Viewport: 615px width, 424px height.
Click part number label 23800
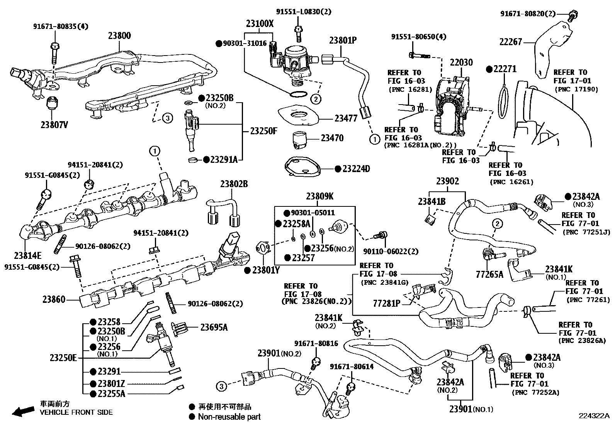pos(119,35)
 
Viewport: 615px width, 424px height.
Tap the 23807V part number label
pos(54,125)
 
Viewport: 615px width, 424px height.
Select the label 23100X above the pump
pos(260,24)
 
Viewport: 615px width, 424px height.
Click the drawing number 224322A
pos(593,416)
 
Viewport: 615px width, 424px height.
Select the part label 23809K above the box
pos(320,196)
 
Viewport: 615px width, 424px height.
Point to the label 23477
pos(346,119)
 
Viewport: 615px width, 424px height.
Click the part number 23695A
pos(214,328)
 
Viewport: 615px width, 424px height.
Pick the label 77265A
pos(489,274)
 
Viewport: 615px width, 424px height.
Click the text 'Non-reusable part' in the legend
pos(229,417)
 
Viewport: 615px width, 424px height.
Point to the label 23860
pos(54,299)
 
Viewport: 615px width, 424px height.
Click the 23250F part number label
pos(263,131)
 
